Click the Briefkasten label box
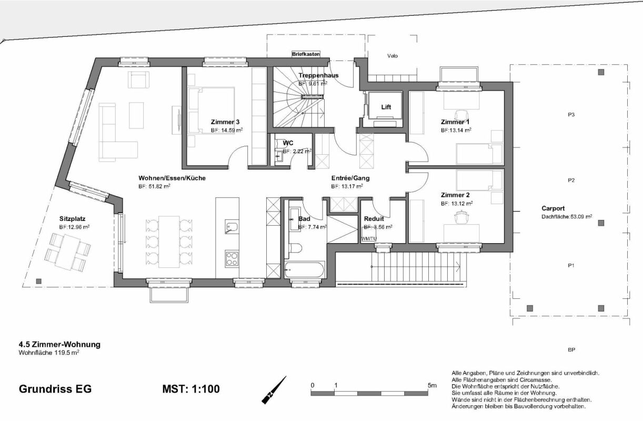click(x=306, y=54)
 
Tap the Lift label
click(x=386, y=107)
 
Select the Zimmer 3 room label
click(x=226, y=122)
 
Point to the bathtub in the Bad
click(x=305, y=269)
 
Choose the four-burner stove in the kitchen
click(x=232, y=258)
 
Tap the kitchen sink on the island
click(x=232, y=227)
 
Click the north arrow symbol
click(x=274, y=390)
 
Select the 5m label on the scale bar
click(x=432, y=386)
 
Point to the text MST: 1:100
click(x=192, y=389)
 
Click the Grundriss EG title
click(x=55, y=389)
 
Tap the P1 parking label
click(x=571, y=266)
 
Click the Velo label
click(x=392, y=55)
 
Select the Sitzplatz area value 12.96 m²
click(x=74, y=227)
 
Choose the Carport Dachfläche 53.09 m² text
click(x=567, y=216)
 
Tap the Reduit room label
click(x=374, y=218)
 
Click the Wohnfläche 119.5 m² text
click(x=49, y=353)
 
